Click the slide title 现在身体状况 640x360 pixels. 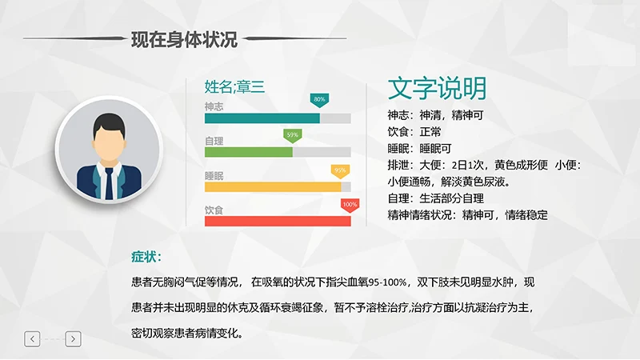pos(184,38)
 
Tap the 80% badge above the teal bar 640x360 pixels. pos(319,100)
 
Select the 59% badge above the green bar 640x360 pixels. pos(292,134)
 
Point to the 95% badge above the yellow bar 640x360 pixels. pos(340,170)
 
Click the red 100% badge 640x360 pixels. pos(350,205)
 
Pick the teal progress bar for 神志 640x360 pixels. pos(262,118)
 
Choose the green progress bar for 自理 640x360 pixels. pos(248,152)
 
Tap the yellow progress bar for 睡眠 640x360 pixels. pos(272,187)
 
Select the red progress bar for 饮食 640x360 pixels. pos(277,222)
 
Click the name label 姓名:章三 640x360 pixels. pos(234,86)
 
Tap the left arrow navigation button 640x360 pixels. pos(32,339)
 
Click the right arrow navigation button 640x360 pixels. pos(73,339)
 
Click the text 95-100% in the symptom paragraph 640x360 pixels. pos(387,282)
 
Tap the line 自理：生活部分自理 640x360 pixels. pos(436,198)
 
